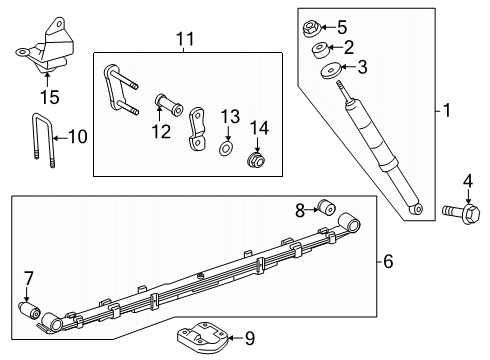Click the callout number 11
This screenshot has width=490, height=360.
coord(183,40)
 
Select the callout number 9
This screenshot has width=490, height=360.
coord(249,339)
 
